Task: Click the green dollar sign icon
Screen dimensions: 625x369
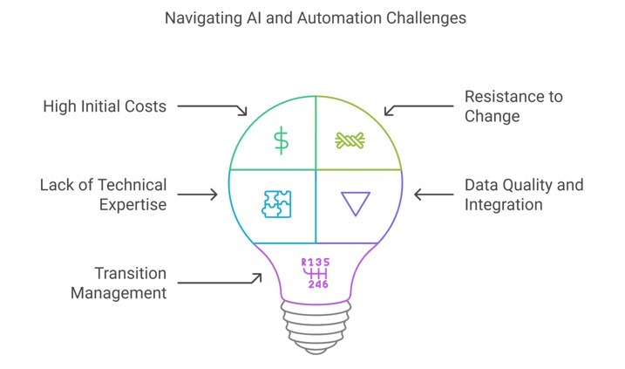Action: (x=281, y=140)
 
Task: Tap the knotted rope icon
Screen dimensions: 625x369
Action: (x=350, y=140)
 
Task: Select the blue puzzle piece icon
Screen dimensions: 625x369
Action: (x=276, y=204)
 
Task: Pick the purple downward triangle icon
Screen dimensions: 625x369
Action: (x=356, y=203)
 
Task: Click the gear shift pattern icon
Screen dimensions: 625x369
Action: (x=316, y=273)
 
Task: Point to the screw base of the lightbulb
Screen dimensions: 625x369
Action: (x=316, y=327)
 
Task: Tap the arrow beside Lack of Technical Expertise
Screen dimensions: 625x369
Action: (x=197, y=195)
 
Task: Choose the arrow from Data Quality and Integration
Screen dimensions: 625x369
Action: (x=434, y=195)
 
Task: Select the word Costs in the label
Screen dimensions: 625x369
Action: (x=146, y=106)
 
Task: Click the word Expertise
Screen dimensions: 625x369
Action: (x=132, y=205)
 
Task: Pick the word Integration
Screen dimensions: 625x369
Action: (x=504, y=205)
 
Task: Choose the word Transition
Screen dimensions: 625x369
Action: (x=131, y=274)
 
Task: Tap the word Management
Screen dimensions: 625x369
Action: (x=119, y=293)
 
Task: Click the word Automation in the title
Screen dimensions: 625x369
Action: (x=338, y=18)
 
